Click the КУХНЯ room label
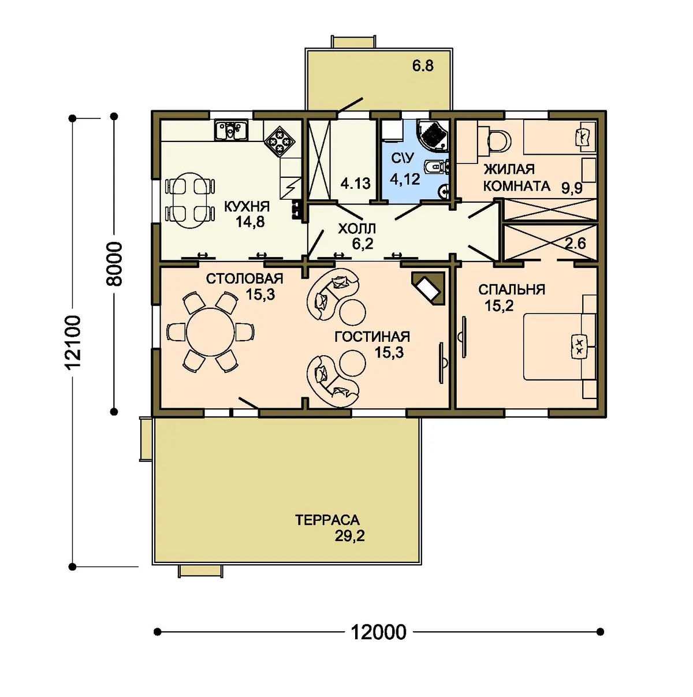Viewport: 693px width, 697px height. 247,207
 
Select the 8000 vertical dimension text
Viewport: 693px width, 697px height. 114,264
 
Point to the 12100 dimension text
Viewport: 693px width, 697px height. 73,341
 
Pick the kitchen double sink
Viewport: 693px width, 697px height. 230,130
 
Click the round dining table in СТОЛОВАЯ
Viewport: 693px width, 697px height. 210,332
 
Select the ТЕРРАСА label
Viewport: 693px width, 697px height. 327,520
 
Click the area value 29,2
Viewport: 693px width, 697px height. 349,536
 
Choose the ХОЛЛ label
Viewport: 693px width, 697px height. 357,229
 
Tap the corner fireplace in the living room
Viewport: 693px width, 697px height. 429,288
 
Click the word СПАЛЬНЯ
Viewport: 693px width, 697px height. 511,289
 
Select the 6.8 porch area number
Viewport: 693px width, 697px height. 423,66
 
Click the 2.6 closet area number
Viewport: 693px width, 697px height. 575,244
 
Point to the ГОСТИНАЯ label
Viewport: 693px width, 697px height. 372,337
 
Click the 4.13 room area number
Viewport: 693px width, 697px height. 355,184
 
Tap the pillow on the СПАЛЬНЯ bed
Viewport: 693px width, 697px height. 579,346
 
